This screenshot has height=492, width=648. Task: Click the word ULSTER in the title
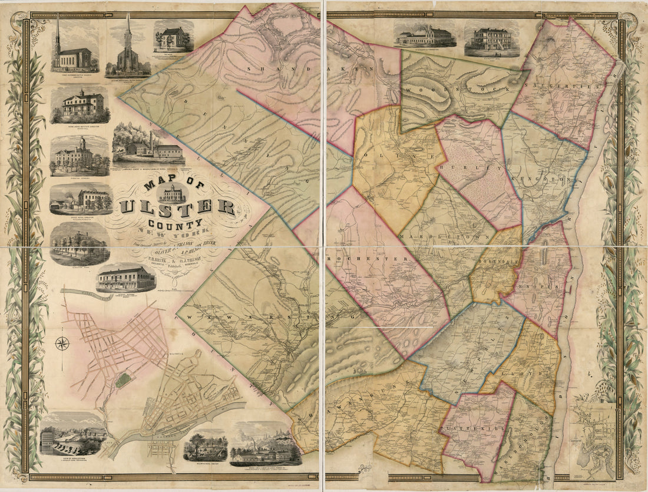click(x=177, y=207)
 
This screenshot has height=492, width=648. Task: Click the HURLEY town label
click(x=471, y=167)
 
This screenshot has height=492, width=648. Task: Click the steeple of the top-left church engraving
click(x=58, y=32)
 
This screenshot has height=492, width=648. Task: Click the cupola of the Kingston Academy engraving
click(x=83, y=143)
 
